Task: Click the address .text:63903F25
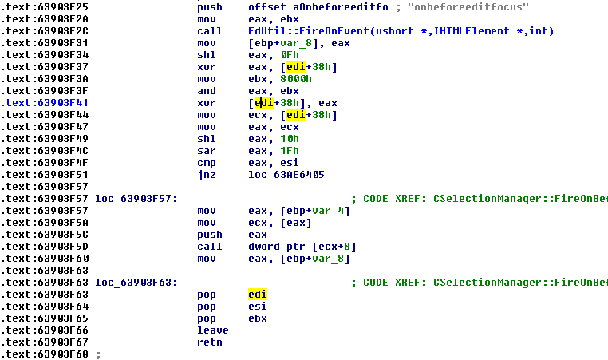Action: (x=45, y=6)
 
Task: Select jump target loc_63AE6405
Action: (x=286, y=174)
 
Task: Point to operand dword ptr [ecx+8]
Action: (x=295, y=246)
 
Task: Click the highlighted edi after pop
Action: (x=257, y=295)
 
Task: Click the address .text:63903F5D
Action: (x=45, y=246)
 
